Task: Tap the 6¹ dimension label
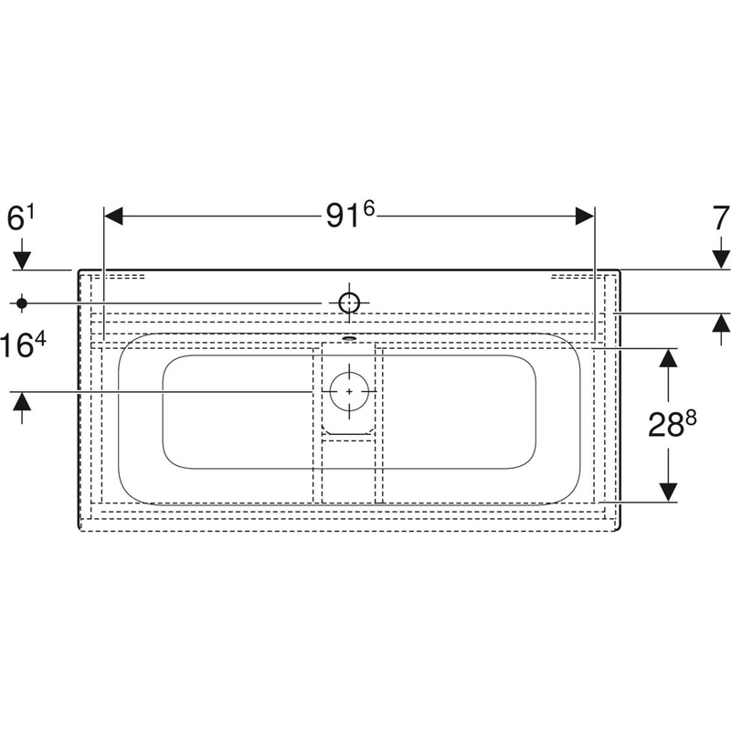(x=21, y=218)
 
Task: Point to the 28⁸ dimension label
(x=672, y=424)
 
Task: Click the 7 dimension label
(x=721, y=218)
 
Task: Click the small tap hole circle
(x=349, y=303)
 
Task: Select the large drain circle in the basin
(x=349, y=392)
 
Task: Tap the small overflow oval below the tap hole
(x=349, y=338)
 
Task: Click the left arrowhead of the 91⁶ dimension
(x=113, y=216)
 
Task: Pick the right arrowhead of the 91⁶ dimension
(x=585, y=216)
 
